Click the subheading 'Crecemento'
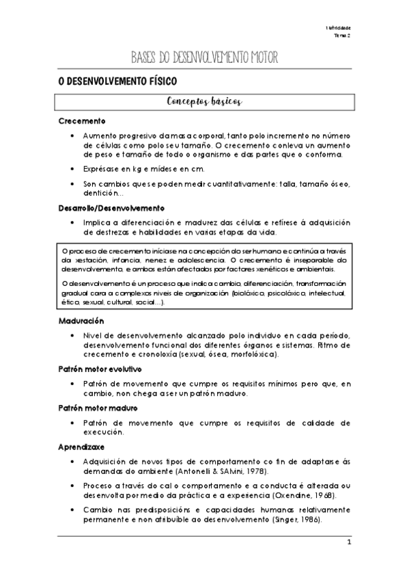pos(81,121)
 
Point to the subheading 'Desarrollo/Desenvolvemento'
pos(111,207)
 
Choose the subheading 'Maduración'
pos(81,320)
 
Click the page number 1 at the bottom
pos(348,544)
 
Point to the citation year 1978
pos(253,472)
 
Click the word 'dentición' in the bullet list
pos(100,194)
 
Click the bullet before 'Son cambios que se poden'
pos(72,184)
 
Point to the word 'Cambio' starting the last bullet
pos(96,510)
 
